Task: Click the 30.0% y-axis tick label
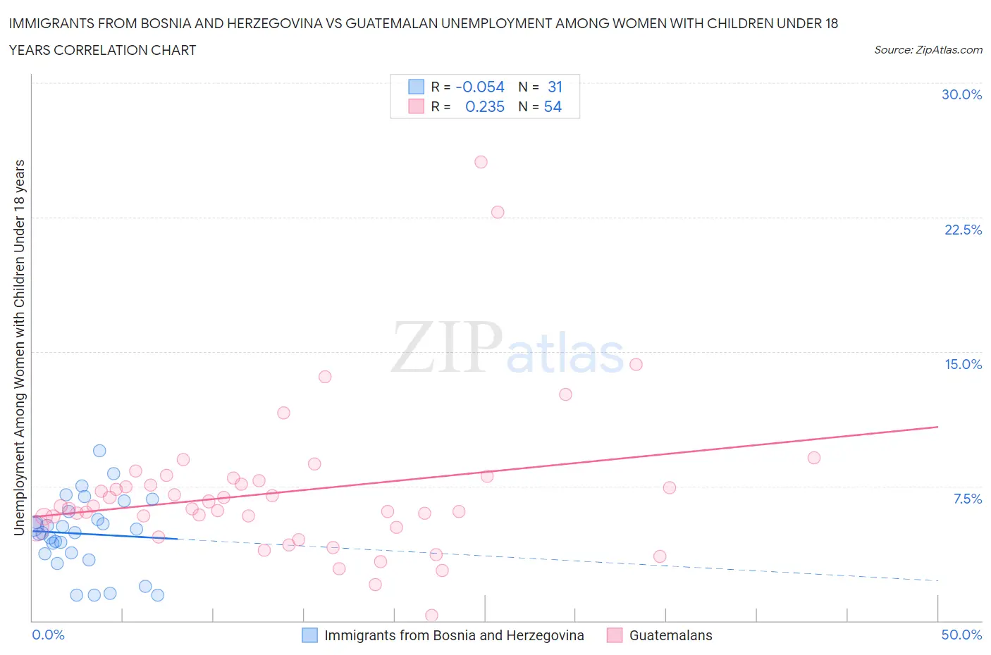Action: click(x=961, y=94)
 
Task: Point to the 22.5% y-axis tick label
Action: click(x=963, y=230)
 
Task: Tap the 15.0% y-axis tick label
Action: click(x=963, y=364)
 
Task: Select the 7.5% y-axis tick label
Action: click(x=967, y=499)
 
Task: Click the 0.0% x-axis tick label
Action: click(x=48, y=635)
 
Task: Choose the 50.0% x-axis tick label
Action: click(x=961, y=635)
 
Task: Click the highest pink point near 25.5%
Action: click(x=481, y=162)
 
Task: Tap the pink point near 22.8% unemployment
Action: click(x=498, y=212)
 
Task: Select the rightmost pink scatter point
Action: click(x=813, y=458)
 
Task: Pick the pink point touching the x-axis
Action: click(x=431, y=616)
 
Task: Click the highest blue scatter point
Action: click(x=99, y=451)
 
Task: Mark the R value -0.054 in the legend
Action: click(x=480, y=87)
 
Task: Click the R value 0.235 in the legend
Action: click(x=485, y=106)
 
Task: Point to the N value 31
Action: click(x=555, y=87)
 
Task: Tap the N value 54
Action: click(x=553, y=106)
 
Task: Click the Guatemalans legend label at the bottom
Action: click(x=670, y=635)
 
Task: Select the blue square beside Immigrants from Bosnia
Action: click(x=309, y=635)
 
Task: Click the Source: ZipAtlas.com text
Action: click(x=928, y=49)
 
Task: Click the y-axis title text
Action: click(x=19, y=347)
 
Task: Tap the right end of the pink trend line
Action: click(x=937, y=427)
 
